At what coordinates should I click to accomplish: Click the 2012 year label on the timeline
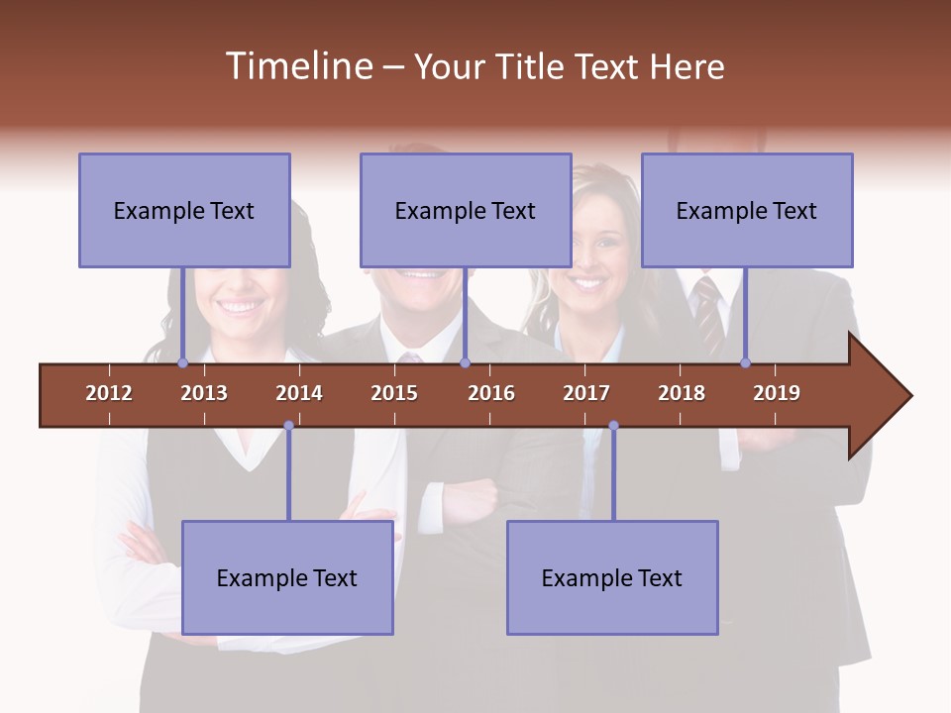click(x=109, y=393)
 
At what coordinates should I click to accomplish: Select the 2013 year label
click(x=204, y=393)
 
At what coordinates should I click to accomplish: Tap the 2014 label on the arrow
click(x=299, y=393)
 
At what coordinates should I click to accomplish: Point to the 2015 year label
click(x=394, y=393)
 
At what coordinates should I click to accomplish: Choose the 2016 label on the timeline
click(x=491, y=393)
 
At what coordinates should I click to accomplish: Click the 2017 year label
click(x=586, y=393)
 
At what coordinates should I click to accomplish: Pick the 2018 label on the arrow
click(x=682, y=393)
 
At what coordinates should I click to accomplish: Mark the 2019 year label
click(x=777, y=393)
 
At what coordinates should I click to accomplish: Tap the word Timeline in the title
click(x=297, y=66)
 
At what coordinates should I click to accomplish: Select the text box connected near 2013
click(x=184, y=210)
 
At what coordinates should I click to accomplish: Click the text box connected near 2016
click(x=466, y=210)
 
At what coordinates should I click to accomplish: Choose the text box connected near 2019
click(x=747, y=210)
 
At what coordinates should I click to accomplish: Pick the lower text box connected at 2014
click(x=287, y=577)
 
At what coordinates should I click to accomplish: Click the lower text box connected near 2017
click(x=612, y=577)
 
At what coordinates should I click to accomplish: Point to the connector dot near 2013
click(x=182, y=363)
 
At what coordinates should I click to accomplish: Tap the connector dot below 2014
click(x=288, y=426)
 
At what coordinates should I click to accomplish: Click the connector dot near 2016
click(x=465, y=363)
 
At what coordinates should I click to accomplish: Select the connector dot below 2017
click(x=613, y=426)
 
